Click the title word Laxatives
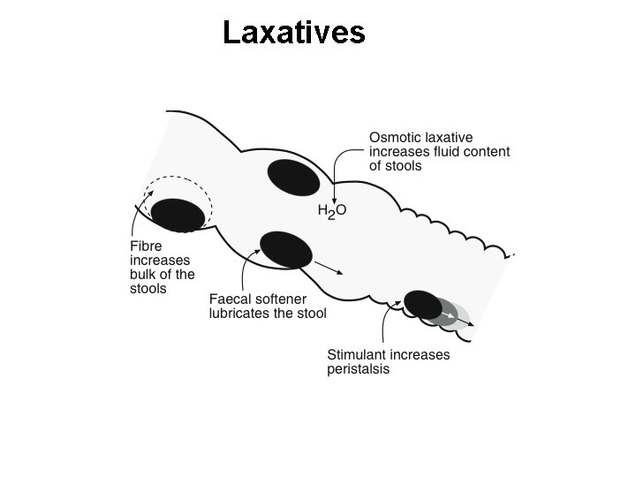click(293, 33)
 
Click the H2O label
click(332, 212)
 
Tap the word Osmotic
click(396, 138)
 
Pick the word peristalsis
click(358, 369)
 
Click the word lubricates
click(239, 314)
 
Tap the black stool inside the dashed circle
click(178, 215)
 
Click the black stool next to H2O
click(293, 178)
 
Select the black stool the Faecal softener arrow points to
click(286, 249)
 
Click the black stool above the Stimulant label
click(423, 304)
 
